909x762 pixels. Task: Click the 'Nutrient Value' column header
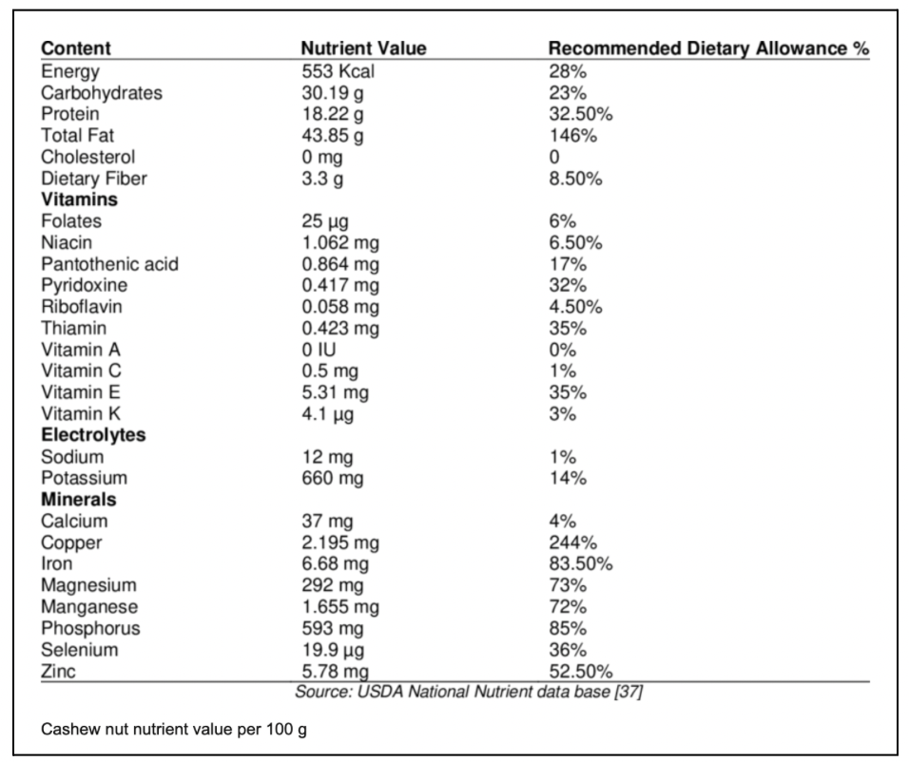coord(363,48)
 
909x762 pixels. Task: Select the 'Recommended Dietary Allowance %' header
coord(708,48)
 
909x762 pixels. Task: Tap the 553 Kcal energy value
coord(338,71)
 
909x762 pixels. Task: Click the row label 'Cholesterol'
coord(87,157)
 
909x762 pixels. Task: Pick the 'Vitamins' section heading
coord(80,200)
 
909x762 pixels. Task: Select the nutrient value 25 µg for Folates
coord(324,221)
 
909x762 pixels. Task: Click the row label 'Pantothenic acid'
coord(109,264)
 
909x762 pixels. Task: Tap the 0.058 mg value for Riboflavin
coord(340,307)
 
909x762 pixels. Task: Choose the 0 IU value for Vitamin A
coord(319,350)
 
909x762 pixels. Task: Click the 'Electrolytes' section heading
coord(93,435)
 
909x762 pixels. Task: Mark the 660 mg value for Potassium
coord(332,478)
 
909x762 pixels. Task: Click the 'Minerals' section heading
coord(79,500)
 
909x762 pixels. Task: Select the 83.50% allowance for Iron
coord(581,563)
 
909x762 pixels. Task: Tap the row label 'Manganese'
coord(89,607)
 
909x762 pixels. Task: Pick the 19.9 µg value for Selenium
coord(333,650)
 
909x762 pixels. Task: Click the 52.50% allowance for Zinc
coord(581,672)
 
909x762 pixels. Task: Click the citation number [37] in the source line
coord(629,692)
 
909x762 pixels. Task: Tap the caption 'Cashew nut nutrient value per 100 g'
coord(174,729)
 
